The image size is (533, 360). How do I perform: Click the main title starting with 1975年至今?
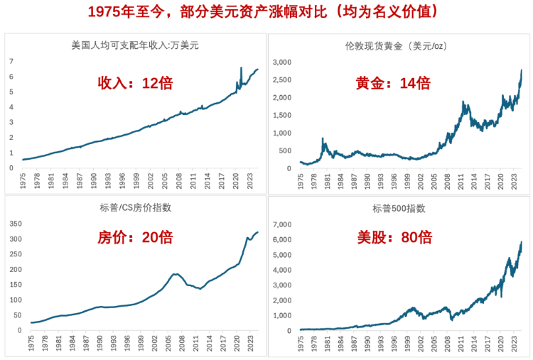[x=266, y=12]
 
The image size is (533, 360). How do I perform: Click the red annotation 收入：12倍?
[x=135, y=82]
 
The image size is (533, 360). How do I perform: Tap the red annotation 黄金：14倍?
[x=393, y=83]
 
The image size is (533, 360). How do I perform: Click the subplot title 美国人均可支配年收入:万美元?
[x=135, y=46]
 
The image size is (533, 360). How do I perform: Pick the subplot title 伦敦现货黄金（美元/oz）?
[x=395, y=46]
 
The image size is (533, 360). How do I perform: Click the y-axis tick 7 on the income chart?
[x=11, y=61]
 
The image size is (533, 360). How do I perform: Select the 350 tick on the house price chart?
[x=14, y=224]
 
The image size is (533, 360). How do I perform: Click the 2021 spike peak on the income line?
[x=242, y=68]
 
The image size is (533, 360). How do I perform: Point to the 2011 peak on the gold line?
[x=464, y=103]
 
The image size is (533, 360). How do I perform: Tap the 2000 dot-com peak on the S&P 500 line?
[x=414, y=307]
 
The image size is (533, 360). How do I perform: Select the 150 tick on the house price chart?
[x=14, y=285]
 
